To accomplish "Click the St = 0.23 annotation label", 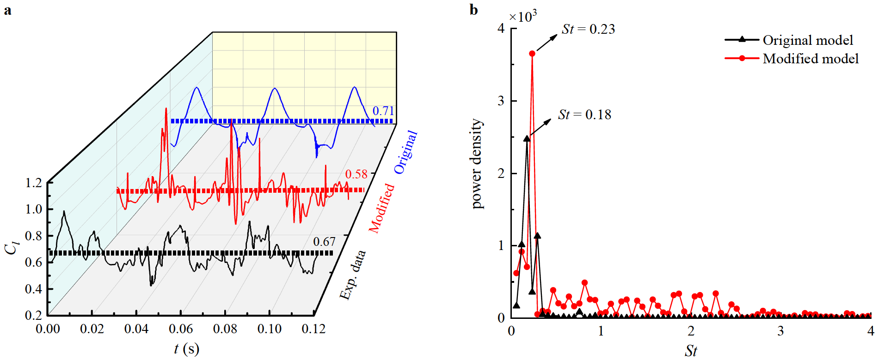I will pos(588,29).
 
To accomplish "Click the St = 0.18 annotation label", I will pos(584,115).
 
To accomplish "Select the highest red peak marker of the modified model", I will pos(532,54).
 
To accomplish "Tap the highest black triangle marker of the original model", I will pos(527,138).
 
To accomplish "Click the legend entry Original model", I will pos(807,40).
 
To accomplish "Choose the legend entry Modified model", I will pos(810,59).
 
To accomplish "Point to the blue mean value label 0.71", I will pos(383,111).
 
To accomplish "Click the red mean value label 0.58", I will pos(356,174).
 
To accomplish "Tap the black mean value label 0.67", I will pos(324,242).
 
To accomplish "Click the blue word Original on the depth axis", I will pos(405,152).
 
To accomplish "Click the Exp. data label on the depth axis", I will pos(352,275).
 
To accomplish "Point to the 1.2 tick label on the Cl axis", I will pos(33,183).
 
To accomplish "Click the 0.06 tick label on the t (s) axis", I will pos(180,329).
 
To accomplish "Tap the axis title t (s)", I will pos(186,349).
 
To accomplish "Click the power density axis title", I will pos(476,164).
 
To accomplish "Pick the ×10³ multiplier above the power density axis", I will pos(522,17).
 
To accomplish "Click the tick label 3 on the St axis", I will pos(780,331).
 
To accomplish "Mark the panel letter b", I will pos(473,9).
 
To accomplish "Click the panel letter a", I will pos(7,10).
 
